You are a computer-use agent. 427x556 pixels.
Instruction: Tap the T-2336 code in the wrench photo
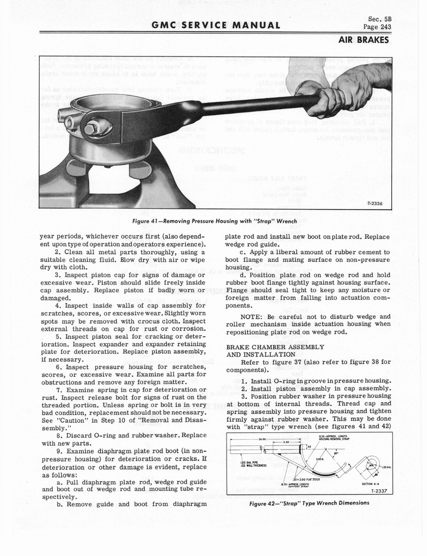point(375,204)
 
